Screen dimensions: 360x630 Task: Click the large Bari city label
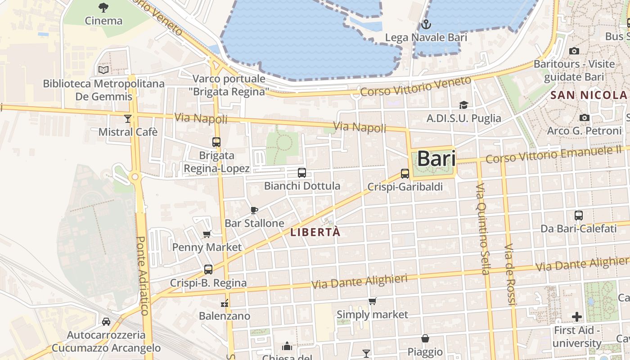(x=436, y=159)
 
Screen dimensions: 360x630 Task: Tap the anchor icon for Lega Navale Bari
(x=426, y=24)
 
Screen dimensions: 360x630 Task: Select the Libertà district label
(x=315, y=233)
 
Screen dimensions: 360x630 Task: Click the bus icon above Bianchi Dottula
(x=302, y=172)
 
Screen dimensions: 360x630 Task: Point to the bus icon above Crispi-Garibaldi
(x=405, y=174)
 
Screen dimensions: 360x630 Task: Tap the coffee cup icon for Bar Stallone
(x=254, y=210)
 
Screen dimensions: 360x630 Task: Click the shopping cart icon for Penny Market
(x=207, y=234)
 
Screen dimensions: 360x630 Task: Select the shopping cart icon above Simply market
(x=372, y=301)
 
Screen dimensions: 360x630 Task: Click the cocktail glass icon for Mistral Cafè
(x=128, y=118)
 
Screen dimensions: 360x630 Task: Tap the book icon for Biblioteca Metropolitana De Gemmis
(x=103, y=70)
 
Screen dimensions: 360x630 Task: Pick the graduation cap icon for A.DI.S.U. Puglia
(x=463, y=105)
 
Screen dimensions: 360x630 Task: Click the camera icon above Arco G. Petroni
(x=585, y=117)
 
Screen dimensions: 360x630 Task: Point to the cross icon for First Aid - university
(x=577, y=317)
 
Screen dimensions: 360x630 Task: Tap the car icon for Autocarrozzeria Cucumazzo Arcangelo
(x=106, y=322)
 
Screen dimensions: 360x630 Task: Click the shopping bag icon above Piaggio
(x=425, y=338)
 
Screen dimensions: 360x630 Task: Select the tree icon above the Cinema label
(x=103, y=7)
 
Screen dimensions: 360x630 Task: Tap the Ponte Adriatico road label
(x=142, y=275)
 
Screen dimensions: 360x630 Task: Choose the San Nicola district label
(x=589, y=95)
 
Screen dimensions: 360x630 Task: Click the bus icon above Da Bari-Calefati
(x=579, y=215)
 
